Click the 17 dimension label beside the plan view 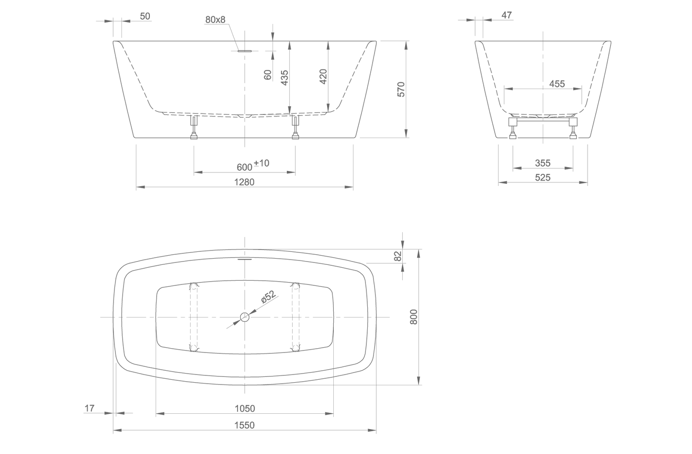tap(90, 408)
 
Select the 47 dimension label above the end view tap(507, 15)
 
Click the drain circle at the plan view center tap(245, 317)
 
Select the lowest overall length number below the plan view tap(245, 425)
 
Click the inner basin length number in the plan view tap(245, 408)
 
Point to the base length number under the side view tap(245, 182)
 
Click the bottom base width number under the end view tap(543, 177)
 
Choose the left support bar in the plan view tap(193, 317)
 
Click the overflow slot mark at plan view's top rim tap(245, 259)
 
